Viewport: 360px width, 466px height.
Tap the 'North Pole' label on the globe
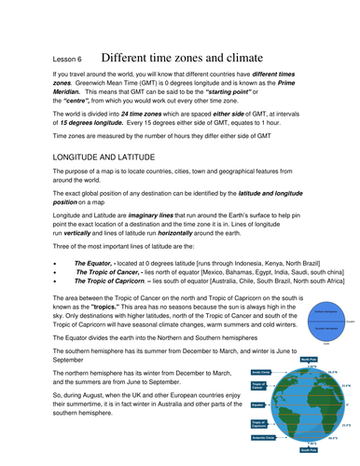(x=310, y=357)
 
